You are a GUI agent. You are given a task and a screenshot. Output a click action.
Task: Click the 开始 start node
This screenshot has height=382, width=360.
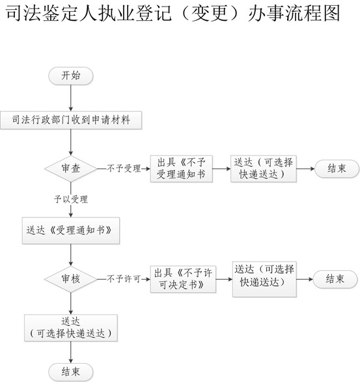coord(71,76)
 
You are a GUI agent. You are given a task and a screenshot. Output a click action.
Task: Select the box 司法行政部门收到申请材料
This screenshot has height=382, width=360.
coord(71,120)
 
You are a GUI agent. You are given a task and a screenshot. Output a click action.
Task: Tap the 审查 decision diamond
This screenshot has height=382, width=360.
coord(71,169)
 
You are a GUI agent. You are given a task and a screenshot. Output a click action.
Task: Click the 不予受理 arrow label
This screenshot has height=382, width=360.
coord(124,169)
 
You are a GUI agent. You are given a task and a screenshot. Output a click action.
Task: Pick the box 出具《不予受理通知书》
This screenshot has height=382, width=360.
coord(182,169)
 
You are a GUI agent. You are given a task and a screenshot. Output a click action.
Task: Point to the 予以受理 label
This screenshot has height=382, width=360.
coord(71,199)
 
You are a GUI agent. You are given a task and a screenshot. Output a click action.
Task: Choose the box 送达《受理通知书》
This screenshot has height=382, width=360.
coord(71,230)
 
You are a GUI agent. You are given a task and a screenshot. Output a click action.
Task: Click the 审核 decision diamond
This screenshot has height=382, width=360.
coord(71,279)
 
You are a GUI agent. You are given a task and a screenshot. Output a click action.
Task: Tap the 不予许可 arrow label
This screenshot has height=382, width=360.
coord(124,279)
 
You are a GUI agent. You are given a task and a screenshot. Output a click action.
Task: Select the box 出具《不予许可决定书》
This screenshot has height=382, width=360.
coord(183,279)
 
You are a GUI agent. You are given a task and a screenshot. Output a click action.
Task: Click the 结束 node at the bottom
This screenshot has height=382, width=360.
coord(71,372)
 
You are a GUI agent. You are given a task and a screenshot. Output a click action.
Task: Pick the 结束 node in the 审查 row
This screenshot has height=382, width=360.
coord(337,169)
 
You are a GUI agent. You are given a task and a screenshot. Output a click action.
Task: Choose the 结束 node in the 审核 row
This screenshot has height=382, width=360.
coord(335,279)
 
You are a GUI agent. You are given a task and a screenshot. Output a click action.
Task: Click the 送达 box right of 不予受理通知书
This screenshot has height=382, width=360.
coord(264,169)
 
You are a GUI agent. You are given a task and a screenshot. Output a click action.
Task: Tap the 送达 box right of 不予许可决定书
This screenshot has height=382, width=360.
coord(264,279)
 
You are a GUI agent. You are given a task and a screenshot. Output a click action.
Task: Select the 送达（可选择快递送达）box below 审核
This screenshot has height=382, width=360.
coord(71,328)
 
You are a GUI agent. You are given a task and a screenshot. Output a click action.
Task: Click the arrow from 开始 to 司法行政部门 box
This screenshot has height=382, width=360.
coord(71,98)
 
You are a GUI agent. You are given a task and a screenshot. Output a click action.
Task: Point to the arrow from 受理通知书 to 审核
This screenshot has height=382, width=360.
coord(71,255)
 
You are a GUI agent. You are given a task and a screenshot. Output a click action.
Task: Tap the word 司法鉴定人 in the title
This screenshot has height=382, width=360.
coord(51,13)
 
